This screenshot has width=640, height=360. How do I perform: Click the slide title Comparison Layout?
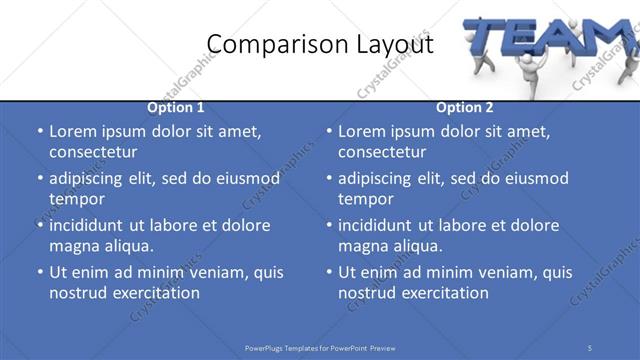click(x=320, y=44)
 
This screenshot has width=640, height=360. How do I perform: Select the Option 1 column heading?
click(x=176, y=108)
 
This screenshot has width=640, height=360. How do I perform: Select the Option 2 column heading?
click(x=465, y=108)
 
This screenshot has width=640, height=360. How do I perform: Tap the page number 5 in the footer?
click(x=590, y=347)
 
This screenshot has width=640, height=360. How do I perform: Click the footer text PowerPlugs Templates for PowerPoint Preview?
click(x=320, y=347)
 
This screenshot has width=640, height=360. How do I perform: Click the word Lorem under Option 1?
click(x=73, y=131)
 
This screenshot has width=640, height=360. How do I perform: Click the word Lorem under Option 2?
click(x=362, y=131)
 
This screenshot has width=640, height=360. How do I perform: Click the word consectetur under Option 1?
click(x=93, y=152)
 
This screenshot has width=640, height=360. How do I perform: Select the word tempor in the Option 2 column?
click(x=363, y=199)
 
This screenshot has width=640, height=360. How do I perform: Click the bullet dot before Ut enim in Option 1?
click(x=39, y=272)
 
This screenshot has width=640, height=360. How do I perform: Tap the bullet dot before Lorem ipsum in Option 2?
click(x=328, y=131)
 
